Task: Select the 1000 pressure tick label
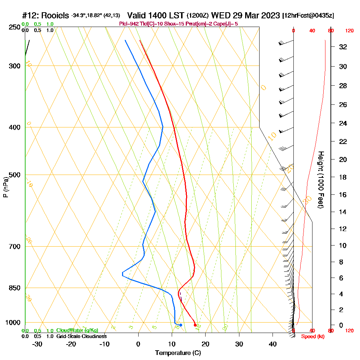13,323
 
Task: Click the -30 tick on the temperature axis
37,344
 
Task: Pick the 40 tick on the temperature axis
273,344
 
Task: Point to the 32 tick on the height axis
343,47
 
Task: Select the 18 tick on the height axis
343,177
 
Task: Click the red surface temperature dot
195,325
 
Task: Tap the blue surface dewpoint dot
181,325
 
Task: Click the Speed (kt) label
310,337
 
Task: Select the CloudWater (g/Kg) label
77,330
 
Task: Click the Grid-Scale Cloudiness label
81,336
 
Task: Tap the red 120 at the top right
349,31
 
